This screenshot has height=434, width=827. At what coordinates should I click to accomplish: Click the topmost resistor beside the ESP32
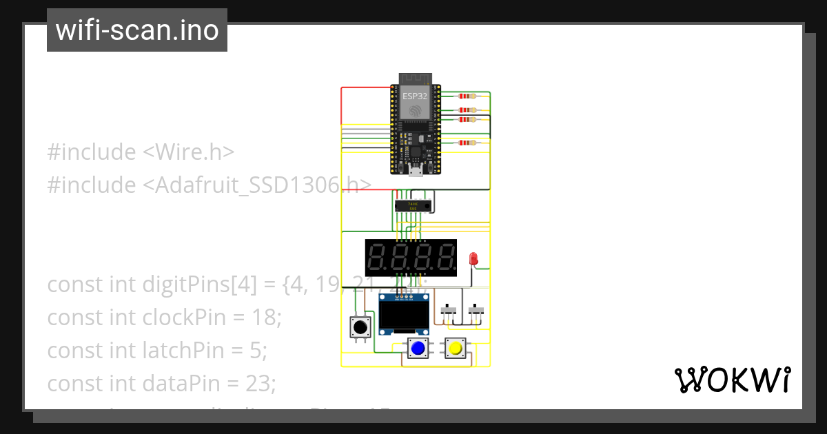(x=468, y=96)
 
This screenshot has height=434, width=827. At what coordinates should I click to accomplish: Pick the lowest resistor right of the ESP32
(x=468, y=143)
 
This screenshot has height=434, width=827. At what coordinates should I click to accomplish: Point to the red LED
(x=473, y=259)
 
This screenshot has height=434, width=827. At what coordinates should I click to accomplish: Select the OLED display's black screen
(x=405, y=316)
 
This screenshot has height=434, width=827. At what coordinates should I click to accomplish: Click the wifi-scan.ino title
(x=137, y=30)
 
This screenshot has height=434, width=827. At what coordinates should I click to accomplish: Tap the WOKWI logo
(x=732, y=380)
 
